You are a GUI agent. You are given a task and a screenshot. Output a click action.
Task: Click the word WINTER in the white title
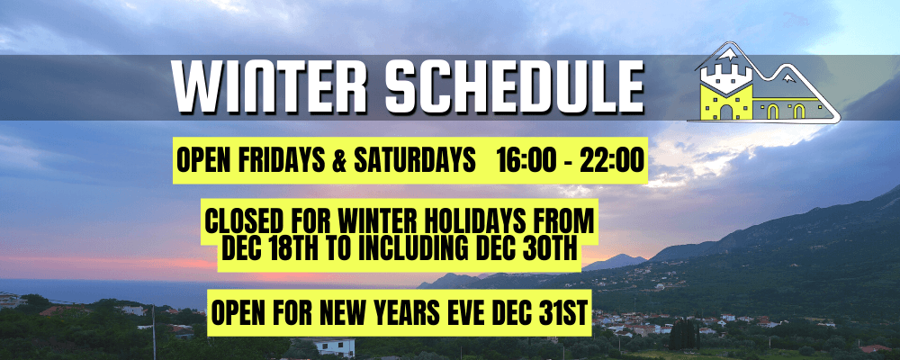(270, 86)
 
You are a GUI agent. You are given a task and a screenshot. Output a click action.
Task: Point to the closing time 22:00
(612, 161)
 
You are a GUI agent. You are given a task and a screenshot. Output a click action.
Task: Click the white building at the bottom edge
(335, 348)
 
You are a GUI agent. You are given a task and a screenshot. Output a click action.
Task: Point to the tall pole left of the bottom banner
(154, 333)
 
